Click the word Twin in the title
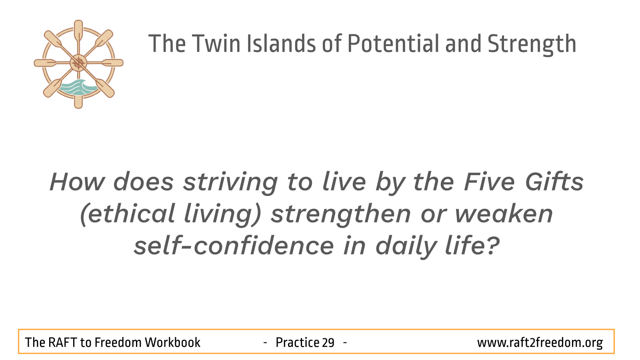coord(216,44)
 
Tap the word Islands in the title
coord(281,44)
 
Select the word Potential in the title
coord(393,44)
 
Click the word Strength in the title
coord(532,45)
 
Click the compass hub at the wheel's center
coord(78,63)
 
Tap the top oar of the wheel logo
coord(78,32)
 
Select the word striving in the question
coord(230,183)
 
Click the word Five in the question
coord(489,182)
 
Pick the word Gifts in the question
coord(554,182)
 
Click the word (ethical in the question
coord(128,214)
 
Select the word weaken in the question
coord(504,214)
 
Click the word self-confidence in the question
coord(234,245)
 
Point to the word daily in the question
coord(406,246)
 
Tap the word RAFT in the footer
coord(62,342)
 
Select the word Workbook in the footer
coord(172,342)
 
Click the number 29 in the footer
coord(328,342)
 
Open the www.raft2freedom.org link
coord(540,343)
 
